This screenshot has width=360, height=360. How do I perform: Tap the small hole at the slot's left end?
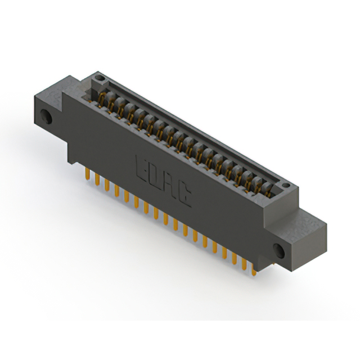[100, 76]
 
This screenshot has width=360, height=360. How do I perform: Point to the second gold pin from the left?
[98, 179]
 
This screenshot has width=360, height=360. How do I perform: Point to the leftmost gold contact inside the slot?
[103, 100]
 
